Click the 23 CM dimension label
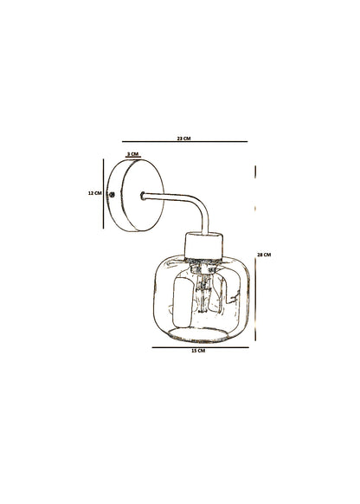[183, 139]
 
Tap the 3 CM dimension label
[132, 154]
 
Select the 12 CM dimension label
[94, 193]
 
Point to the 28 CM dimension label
[264, 255]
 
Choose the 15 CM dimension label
[198, 351]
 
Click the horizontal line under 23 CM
[184, 141]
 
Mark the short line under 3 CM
[133, 158]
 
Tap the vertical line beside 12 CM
[103, 193]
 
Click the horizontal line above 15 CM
[201, 347]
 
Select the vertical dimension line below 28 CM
[255, 300]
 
